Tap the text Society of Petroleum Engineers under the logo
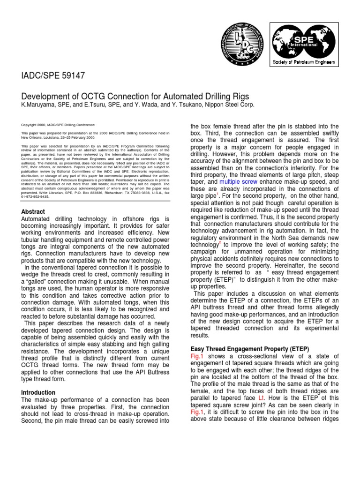pos(304,62)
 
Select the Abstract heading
pos(34,211)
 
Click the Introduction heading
pos(38,392)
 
